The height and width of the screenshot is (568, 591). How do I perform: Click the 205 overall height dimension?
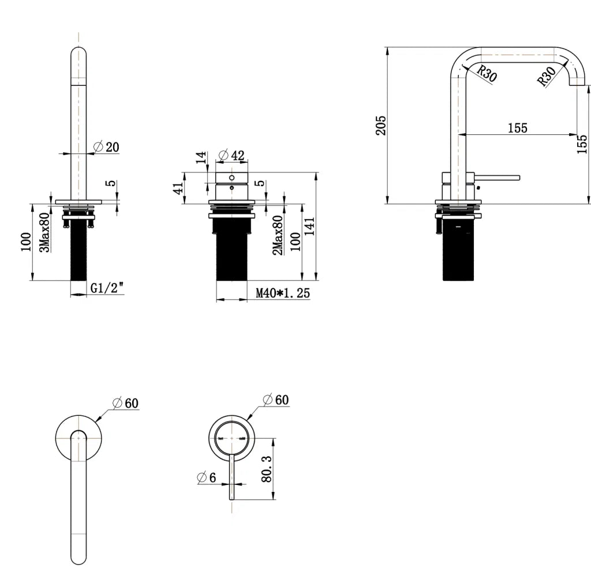pyautogui.click(x=381, y=125)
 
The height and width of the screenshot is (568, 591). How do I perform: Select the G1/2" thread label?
pyautogui.click(x=107, y=288)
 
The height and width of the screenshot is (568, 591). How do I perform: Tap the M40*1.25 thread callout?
pyautogui.click(x=283, y=294)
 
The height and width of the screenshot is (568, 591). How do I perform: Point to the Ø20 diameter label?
pyautogui.click(x=106, y=147)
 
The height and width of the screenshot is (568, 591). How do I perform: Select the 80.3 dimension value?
pyautogui.click(x=266, y=469)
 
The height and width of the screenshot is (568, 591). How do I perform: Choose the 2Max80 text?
pyautogui.click(x=277, y=235)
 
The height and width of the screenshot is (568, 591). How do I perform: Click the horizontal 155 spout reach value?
pyautogui.click(x=517, y=128)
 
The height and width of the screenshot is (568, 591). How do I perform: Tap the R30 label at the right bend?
pyautogui.click(x=546, y=76)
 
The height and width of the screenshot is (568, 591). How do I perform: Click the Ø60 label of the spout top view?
pyautogui.click(x=126, y=403)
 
